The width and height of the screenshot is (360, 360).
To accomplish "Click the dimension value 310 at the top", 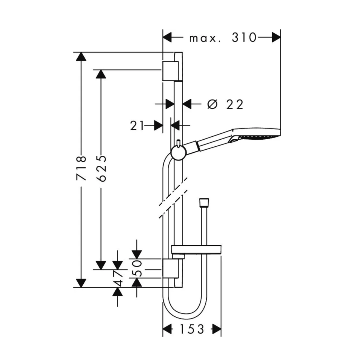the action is pos(244,37).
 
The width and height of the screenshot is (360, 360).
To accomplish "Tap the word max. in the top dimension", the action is pos(205,38).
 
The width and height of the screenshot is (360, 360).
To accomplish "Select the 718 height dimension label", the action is pos(81,168).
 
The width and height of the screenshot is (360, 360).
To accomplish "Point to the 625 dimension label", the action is pos(102,168).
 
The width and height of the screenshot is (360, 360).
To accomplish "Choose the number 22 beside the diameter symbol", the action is pos(235,104).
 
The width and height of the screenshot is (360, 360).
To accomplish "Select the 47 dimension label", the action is pos(118,278).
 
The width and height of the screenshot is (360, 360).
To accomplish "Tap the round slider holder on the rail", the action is pos(179,153).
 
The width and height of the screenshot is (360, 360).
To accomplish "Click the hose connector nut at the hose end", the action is pos(204,203).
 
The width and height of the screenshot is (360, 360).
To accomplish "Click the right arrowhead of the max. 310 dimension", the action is pos(276,37).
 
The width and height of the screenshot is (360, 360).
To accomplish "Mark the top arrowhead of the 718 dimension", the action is pos(81,56).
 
